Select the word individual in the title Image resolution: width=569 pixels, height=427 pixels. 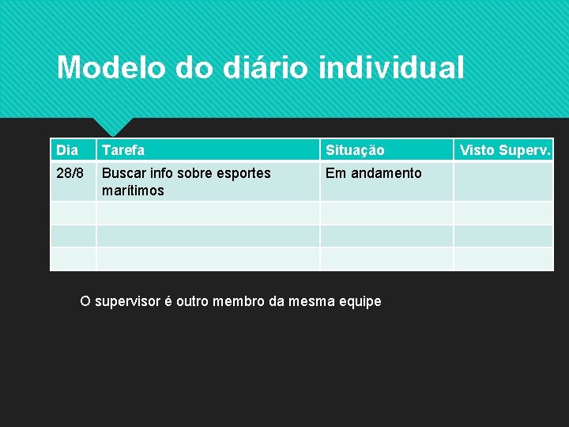[391, 68]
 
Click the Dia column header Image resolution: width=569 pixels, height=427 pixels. [67, 150]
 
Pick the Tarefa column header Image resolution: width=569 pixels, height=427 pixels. [123, 150]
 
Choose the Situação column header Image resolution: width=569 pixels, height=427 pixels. [355, 150]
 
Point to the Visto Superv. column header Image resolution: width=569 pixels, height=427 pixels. [505, 150]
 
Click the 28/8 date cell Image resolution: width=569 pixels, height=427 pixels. [69, 173]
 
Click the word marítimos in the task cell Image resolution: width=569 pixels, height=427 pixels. [134, 191]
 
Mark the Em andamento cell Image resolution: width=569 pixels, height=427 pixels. [374, 173]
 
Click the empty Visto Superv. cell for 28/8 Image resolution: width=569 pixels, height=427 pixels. [503, 181]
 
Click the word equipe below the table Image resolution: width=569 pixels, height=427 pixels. [360, 301]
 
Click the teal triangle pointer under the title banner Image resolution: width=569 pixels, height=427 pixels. [112, 125]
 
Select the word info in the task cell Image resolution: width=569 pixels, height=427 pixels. [160, 173]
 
